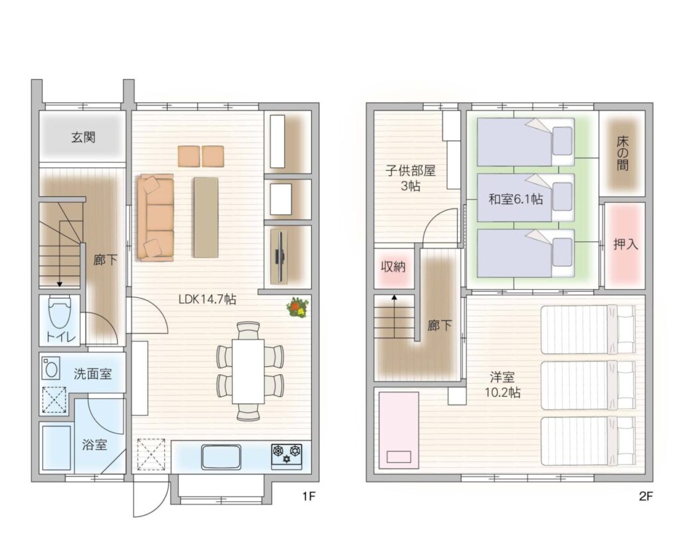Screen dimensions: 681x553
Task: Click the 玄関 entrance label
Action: click(83, 138)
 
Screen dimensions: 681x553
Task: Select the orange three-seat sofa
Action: click(156, 217)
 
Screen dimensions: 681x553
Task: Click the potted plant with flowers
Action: click(298, 307)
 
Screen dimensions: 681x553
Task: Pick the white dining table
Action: click(248, 371)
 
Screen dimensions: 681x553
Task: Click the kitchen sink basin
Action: click(221, 456)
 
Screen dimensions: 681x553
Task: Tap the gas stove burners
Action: click(287, 455)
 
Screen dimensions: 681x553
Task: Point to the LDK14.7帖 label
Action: click(207, 299)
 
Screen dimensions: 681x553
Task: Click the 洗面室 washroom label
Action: click(92, 374)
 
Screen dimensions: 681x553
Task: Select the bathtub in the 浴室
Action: click(57, 447)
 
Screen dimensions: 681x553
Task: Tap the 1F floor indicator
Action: click(308, 496)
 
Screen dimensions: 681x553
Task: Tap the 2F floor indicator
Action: click(646, 496)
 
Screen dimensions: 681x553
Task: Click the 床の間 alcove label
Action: click(622, 154)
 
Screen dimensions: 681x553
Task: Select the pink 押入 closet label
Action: click(625, 245)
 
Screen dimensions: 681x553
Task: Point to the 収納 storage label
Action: click(393, 267)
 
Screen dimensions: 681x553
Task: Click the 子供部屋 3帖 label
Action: click(410, 178)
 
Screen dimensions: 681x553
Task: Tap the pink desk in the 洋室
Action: click(399, 431)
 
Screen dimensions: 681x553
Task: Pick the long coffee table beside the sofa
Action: click(206, 217)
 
